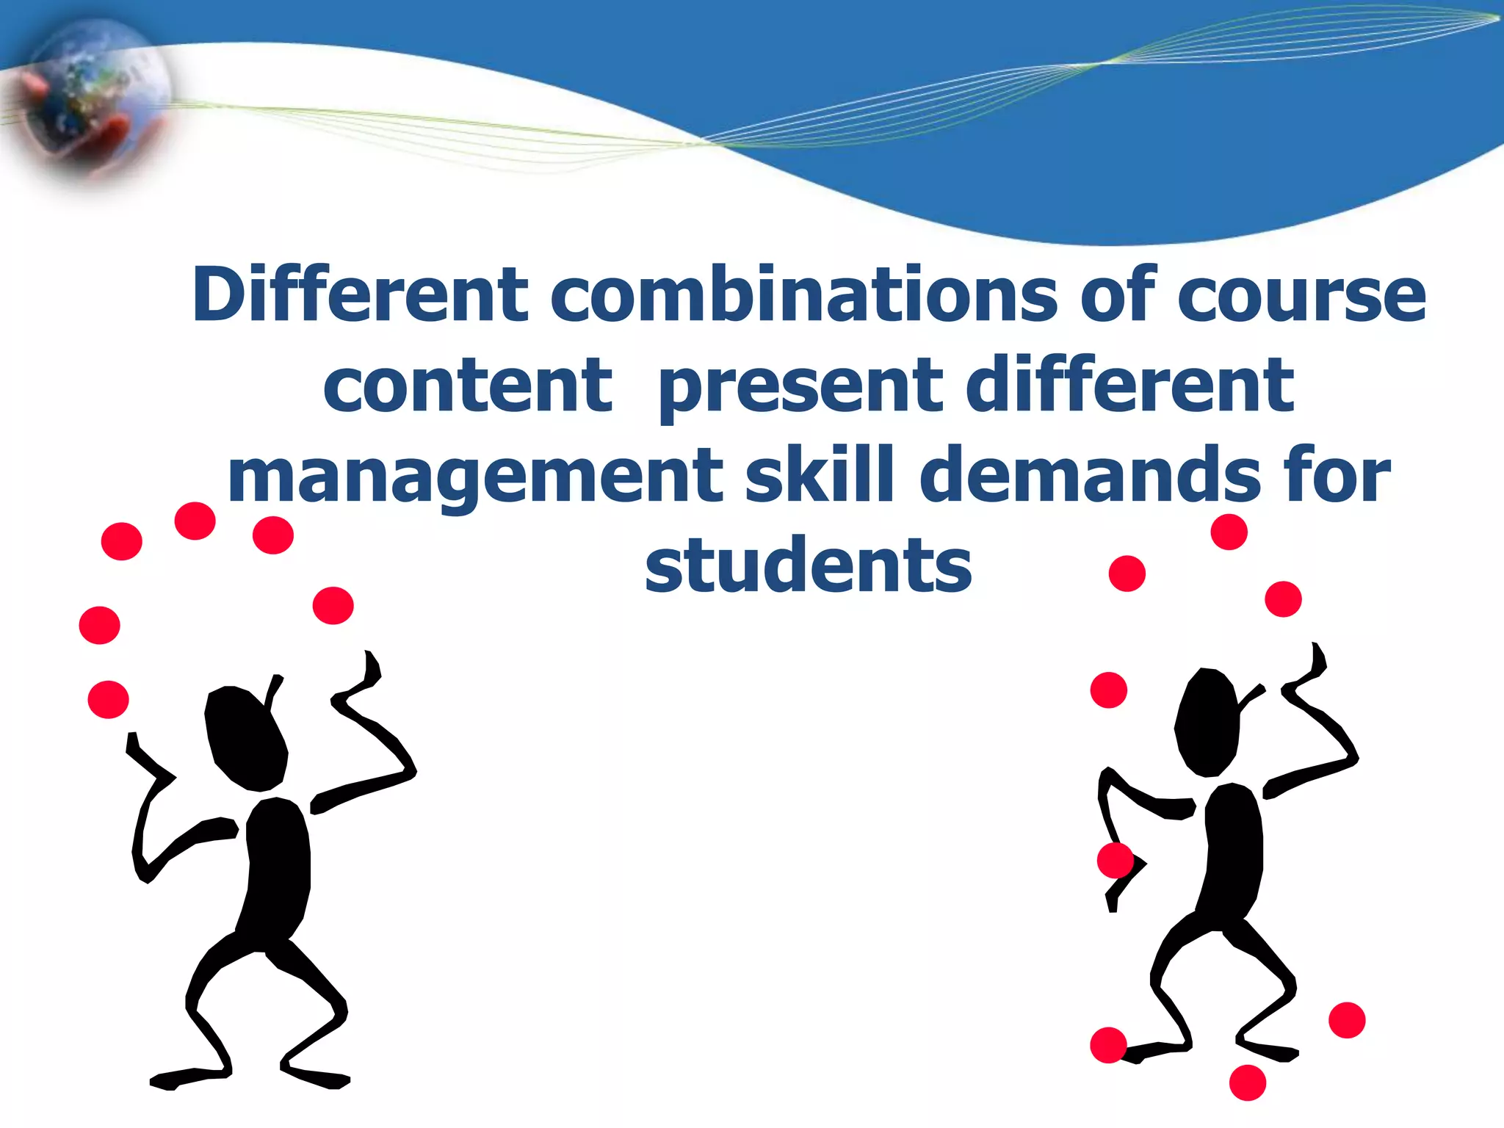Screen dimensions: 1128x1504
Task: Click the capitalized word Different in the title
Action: pos(360,295)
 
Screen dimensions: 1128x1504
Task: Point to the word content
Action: pos(468,386)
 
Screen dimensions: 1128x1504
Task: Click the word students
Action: pos(809,565)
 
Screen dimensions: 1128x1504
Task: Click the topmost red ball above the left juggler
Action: pos(195,521)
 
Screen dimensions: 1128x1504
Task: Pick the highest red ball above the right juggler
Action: pos(1229,532)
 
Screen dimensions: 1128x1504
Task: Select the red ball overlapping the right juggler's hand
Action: pos(1116,861)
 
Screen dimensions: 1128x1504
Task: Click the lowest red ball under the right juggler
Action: pos(1247,1082)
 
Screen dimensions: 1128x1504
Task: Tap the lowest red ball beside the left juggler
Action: pos(108,699)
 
